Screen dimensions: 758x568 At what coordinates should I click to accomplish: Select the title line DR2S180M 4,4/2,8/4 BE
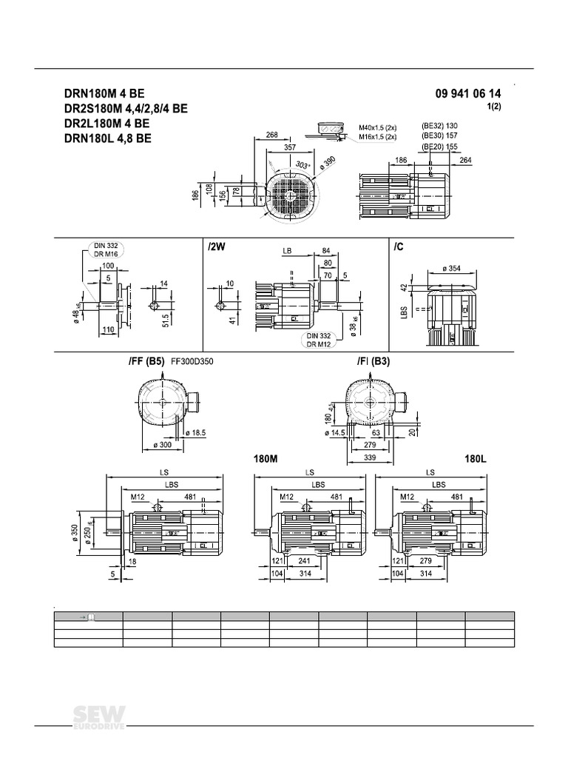click(x=126, y=109)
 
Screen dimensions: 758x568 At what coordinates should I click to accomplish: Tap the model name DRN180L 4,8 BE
click(x=108, y=138)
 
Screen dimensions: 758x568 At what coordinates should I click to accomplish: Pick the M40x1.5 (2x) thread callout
click(x=378, y=128)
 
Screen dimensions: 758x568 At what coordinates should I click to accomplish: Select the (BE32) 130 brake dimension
click(x=440, y=125)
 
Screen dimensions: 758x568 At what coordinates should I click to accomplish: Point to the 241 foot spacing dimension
click(x=305, y=561)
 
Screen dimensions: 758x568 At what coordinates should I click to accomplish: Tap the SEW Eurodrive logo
click(x=100, y=717)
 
